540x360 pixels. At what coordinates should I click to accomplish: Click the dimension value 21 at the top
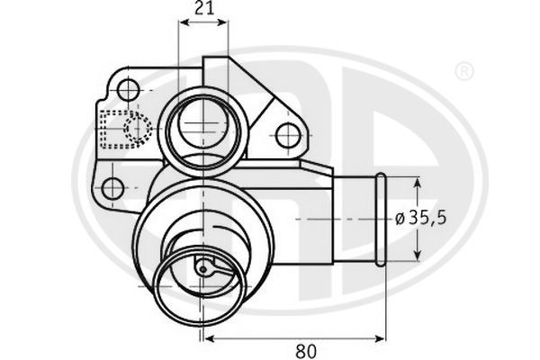click(203, 10)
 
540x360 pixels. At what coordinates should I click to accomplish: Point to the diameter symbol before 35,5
click(400, 219)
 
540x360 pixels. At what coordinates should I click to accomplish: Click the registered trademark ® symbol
click(463, 69)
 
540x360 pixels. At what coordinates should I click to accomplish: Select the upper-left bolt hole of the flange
click(130, 89)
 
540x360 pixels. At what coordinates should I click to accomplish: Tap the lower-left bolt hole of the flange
click(112, 188)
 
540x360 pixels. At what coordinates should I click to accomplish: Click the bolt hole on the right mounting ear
click(287, 136)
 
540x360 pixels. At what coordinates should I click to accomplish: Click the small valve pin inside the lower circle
click(204, 267)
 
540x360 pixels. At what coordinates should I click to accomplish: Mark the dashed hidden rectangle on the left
click(117, 129)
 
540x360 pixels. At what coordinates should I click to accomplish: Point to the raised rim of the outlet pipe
click(380, 219)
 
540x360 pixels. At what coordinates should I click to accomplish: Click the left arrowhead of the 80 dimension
click(209, 338)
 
